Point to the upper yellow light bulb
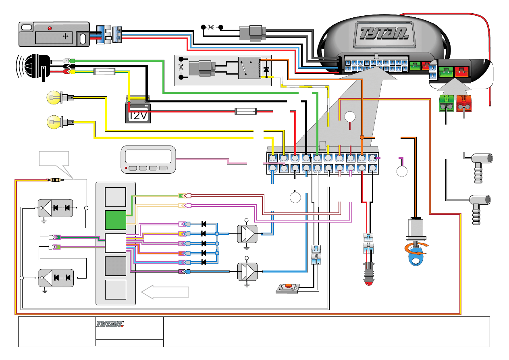coord(53,97)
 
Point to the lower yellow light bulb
coord(53,121)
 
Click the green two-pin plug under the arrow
coord(446,104)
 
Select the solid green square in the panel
coord(115,220)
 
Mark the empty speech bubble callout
coord(54,159)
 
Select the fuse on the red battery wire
coord(246,111)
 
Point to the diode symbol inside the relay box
coord(266,70)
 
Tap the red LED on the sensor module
coord(50,29)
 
